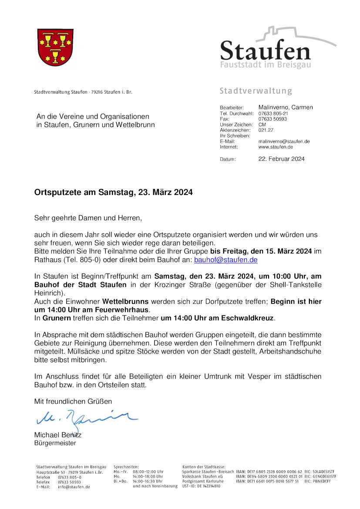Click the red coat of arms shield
tap(55, 47)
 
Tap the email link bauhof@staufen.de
tap(225, 260)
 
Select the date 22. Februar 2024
tap(281, 159)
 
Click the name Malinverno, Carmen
tap(285, 107)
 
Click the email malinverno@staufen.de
tap(284, 142)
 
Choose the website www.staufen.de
tap(276, 147)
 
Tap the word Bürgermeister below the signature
tap(55, 443)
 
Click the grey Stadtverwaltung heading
tap(256, 91)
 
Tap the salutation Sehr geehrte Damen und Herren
tap(88, 217)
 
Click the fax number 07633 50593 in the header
tap(273, 119)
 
